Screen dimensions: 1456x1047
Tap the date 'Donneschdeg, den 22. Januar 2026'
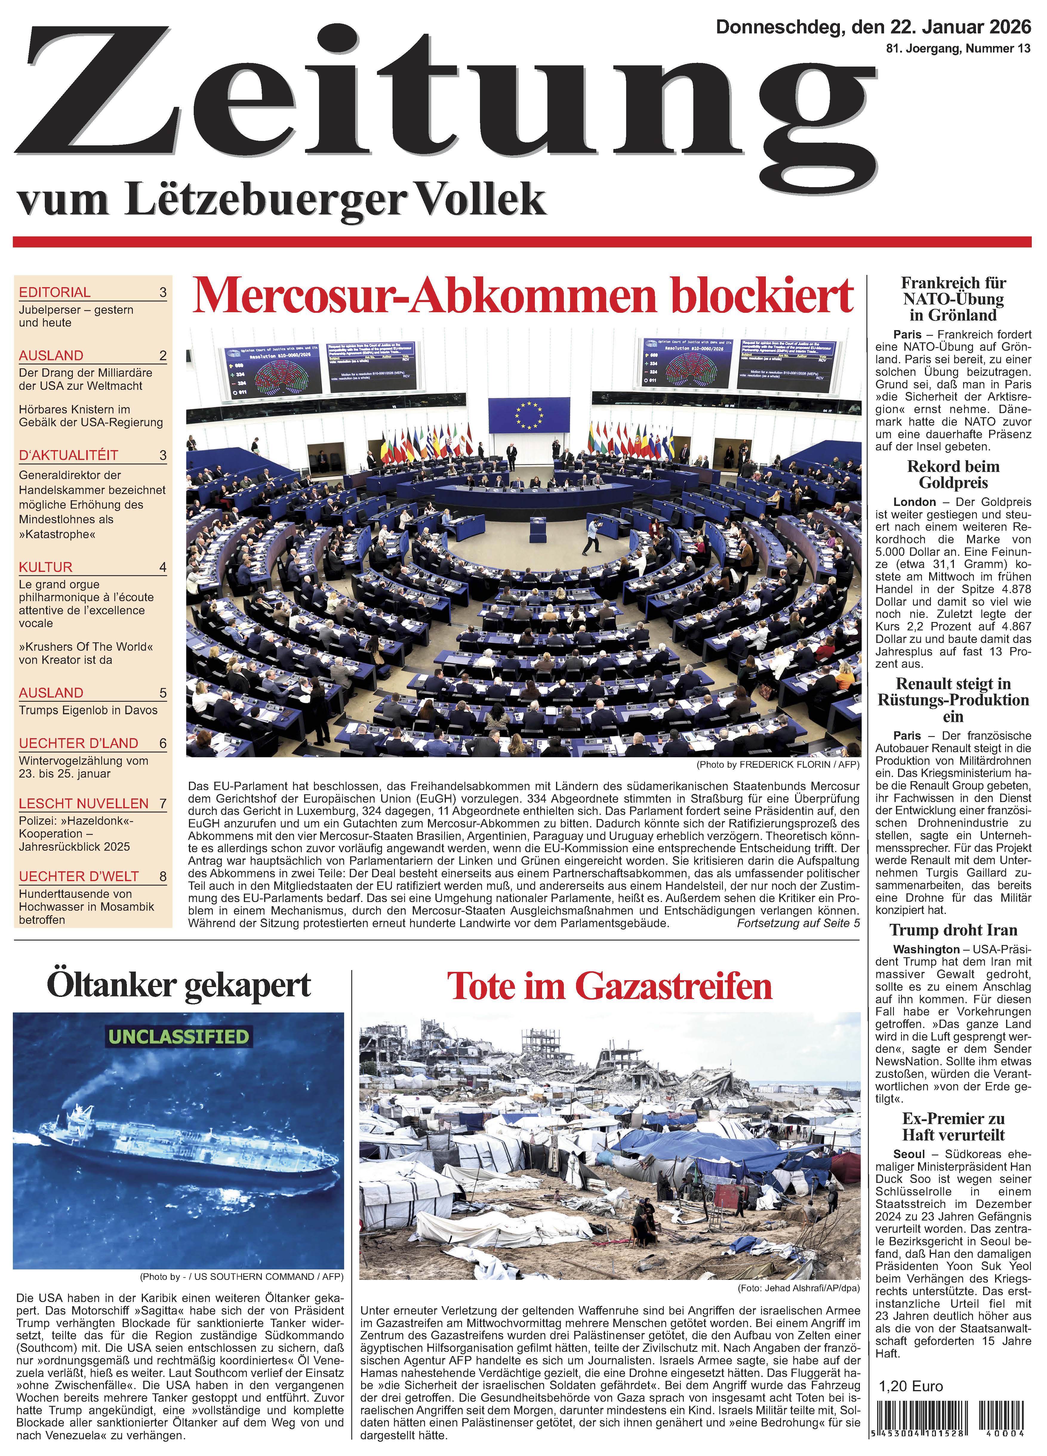(873, 27)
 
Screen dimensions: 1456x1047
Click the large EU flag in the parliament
(528, 415)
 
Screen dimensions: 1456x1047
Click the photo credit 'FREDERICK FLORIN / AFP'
(799, 765)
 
